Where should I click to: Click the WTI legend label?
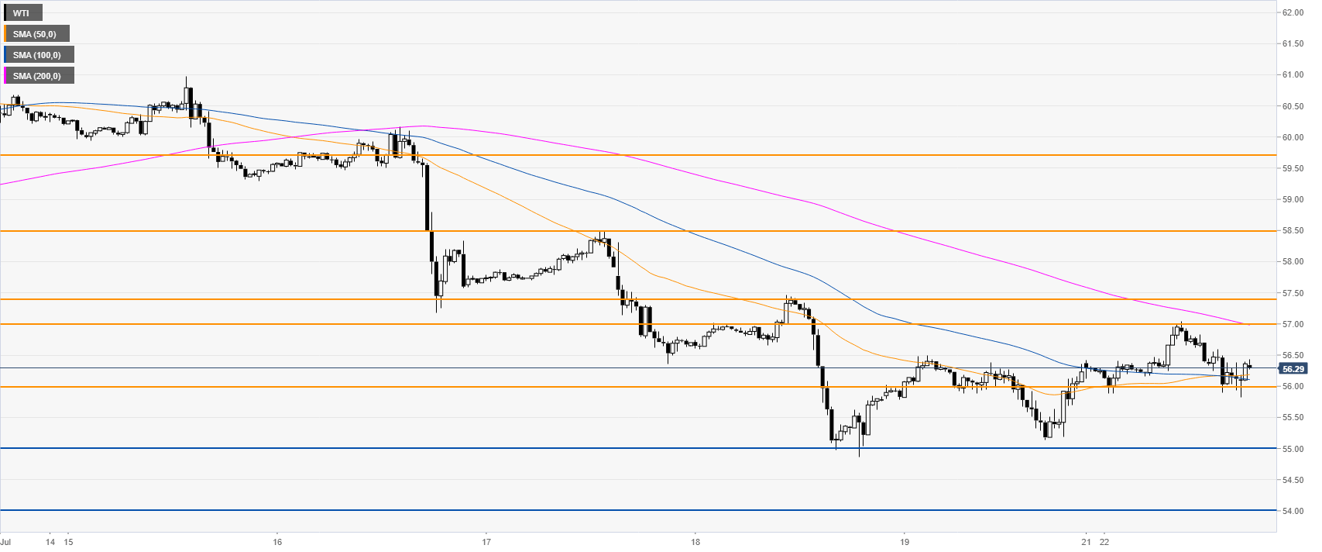coord(22,13)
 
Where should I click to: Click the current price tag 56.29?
coord(1293,369)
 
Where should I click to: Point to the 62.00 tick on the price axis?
coord(1293,12)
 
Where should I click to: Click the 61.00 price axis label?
coord(1293,75)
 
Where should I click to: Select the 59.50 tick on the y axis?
coord(1293,168)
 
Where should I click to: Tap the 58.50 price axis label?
coord(1293,231)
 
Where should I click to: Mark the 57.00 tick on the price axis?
coord(1293,324)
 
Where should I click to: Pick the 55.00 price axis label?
coord(1293,449)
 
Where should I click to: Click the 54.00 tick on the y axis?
coord(1293,511)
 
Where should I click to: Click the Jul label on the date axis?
coord(5,540)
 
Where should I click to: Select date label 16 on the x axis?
coord(277,540)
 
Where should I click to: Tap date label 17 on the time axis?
coord(486,540)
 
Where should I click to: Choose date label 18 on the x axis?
coord(695,540)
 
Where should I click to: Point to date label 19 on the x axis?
coord(904,540)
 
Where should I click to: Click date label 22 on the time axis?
coord(1104,540)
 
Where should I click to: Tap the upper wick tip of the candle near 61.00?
coord(187,77)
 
